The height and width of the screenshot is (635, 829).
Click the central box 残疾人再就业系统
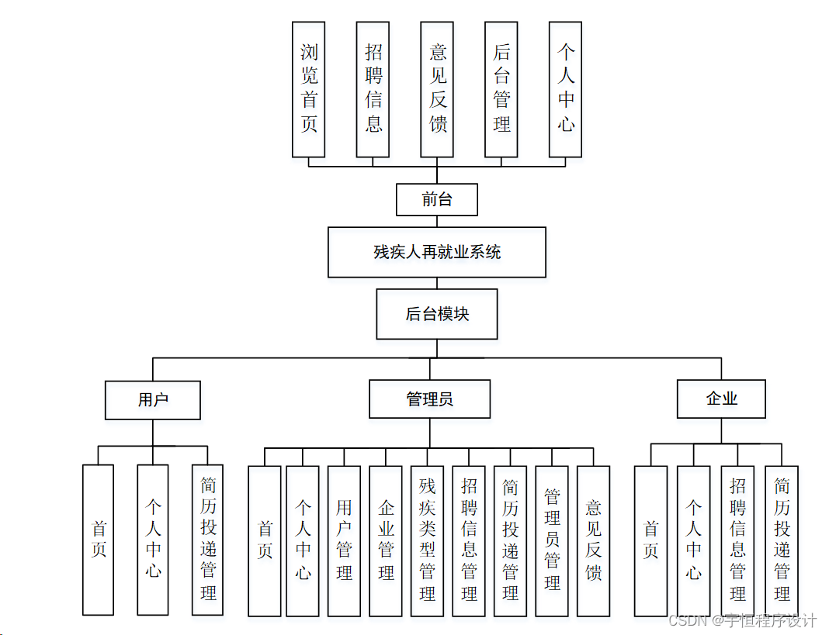pyautogui.click(x=436, y=252)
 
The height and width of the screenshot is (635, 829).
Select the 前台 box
pyautogui.click(x=436, y=199)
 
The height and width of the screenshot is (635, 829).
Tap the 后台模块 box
pyautogui.click(x=436, y=314)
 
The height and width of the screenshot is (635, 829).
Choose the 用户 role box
pyautogui.click(x=153, y=400)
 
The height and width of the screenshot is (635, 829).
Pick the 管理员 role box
pyautogui.click(x=429, y=399)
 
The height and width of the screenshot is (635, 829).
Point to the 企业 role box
pyautogui.click(x=721, y=399)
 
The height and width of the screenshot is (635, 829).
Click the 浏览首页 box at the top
pyautogui.click(x=309, y=89)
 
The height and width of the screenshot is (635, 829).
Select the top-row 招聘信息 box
pyautogui.click(x=373, y=89)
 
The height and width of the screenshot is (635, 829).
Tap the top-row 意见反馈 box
pyautogui.click(x=438, y=89)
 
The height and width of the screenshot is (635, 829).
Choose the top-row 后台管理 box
pyautogui.click(x=501, y=89)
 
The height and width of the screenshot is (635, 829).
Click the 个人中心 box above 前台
pyautogui.click(x=566, y=89)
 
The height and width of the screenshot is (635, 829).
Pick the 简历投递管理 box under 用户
pyautogui.click(x=208, y=540)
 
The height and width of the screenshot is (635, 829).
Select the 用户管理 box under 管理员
pyautogui.click(x=344, y=540)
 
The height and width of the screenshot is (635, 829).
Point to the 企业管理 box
pyautogui.click(x=386, y=540)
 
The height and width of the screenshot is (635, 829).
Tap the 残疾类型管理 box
pyautogui.click(x=427, y=540)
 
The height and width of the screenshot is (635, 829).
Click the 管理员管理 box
pyautogui.click(x=552, y=540)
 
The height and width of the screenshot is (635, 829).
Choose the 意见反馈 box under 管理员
pyautogui.click(x=593, y=540)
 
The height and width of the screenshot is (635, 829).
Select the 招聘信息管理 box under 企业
pyautogui.click(x=737, y=540)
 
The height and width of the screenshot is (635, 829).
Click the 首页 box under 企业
pyautogui.click(x=650, y=540)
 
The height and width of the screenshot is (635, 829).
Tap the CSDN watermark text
pyautogui.click(x=742, y=621)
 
